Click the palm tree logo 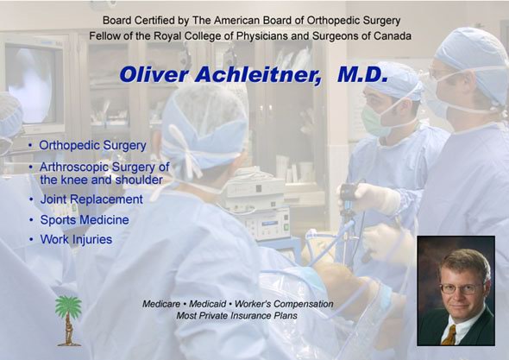point(68,320)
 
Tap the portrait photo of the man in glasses point(456,291)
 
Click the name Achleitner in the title point(258,74)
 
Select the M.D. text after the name point(362,74)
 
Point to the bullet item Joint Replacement point(91,199)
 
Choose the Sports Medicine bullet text point(85,219)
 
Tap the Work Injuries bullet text point(76,239)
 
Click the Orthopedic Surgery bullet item point(93,145)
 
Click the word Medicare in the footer point(161,304)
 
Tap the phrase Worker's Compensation point(284,304)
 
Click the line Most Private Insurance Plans point(237,316)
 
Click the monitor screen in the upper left point(30,85)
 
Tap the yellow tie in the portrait point(450,335)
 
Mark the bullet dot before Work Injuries point(31,240)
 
